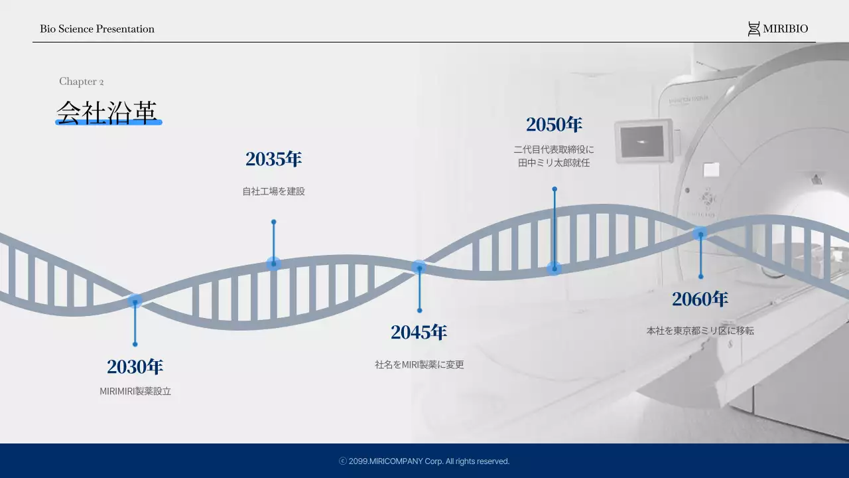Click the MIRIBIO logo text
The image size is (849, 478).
pos(785,29)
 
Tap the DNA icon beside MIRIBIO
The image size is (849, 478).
pos(754,29)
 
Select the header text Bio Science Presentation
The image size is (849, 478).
pos(97,29)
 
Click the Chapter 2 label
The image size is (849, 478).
pos(81,82)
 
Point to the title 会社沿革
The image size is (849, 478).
pos(107,113)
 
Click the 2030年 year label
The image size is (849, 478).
pos(135,366)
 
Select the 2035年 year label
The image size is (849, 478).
pos(274,159)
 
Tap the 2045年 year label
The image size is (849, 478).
pos(419,332)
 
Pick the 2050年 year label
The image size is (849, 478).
pos(554,124)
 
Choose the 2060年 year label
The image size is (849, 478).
pos(700,299)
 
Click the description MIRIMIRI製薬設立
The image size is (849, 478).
pos(135,391)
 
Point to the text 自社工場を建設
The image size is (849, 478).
pos(274,191)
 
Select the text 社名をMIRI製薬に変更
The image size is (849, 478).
pos(420,364)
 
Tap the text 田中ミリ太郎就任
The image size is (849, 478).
pos(554,163)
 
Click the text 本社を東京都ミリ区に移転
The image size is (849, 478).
pos(700,331)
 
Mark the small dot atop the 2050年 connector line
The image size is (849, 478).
pos(555,189)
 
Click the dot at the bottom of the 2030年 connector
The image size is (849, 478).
pos(135,345)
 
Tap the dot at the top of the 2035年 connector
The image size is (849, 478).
pos(274,222)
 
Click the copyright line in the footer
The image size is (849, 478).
pos(424,461)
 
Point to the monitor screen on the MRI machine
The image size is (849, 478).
pos(642,141)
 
